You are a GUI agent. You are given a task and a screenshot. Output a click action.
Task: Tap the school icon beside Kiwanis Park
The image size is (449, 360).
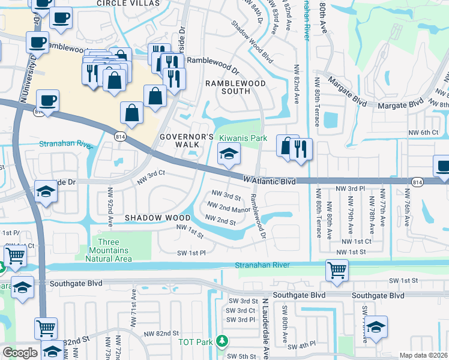tap(229, 155)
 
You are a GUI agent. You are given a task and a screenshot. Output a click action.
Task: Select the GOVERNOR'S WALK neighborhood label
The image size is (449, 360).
tap(187, 140)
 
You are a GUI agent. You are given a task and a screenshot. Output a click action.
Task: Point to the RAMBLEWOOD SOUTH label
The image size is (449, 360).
tap(228, 87)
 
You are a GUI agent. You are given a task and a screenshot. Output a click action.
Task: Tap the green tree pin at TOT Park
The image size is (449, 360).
tap(222, 341)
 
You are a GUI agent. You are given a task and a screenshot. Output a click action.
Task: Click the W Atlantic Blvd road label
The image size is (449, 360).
tap(270, 179)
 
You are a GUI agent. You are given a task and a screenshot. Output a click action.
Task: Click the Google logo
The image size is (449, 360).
tap(20, 353)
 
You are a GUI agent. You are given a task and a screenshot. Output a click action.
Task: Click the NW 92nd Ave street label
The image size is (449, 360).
tap(110, 204)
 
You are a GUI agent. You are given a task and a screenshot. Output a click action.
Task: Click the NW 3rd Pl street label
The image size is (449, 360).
tap(351, 188)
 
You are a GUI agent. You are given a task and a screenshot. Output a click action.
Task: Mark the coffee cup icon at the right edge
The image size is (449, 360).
tap(443, 166)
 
